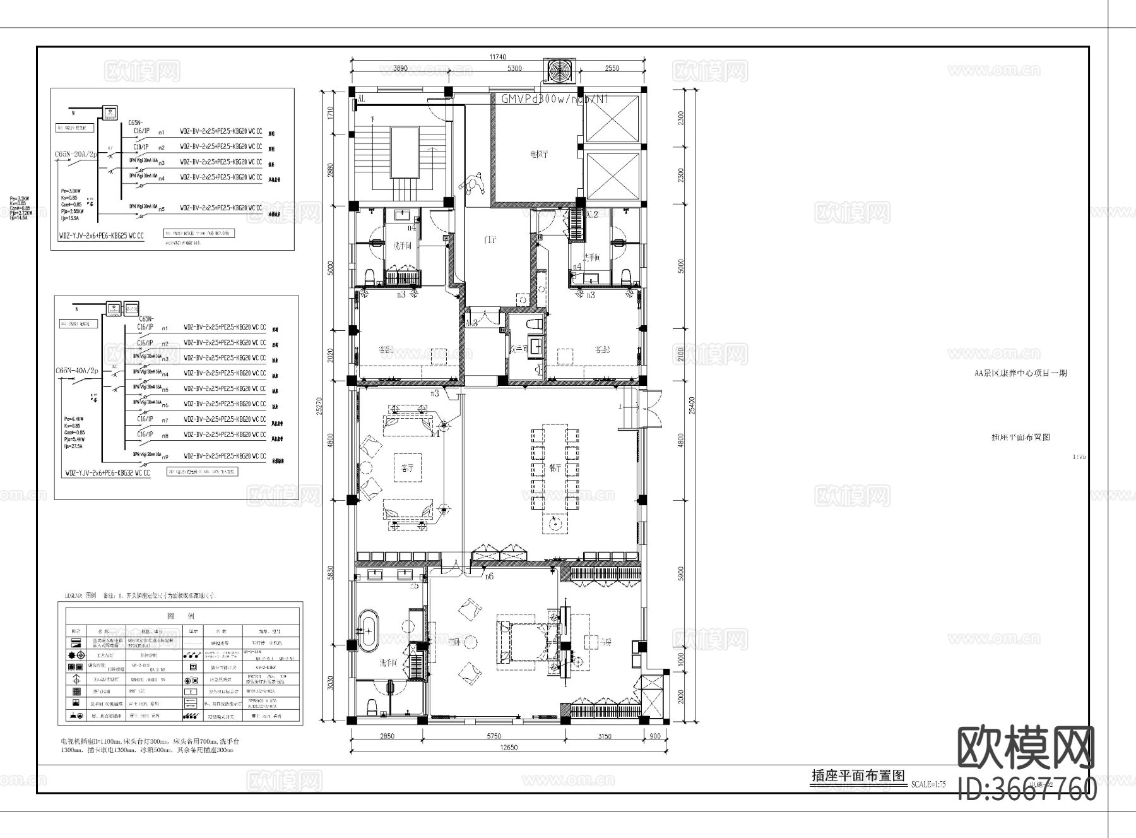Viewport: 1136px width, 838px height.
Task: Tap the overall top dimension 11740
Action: coord(498,57)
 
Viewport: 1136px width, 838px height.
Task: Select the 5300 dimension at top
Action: coord(514,68)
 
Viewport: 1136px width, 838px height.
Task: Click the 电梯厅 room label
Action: coord(538,153)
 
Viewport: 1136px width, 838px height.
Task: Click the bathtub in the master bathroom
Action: coord(367,630)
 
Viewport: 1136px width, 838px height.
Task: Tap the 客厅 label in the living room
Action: coord(407,469)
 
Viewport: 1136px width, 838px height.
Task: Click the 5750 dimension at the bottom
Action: coord(494,736)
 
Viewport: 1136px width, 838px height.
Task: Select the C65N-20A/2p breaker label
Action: coord(76,153)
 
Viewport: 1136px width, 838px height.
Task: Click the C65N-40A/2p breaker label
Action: coord(78,371)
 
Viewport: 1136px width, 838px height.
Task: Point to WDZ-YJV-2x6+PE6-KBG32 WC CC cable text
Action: coord(108,472)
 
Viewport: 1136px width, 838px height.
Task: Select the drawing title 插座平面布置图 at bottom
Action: coord(858,776)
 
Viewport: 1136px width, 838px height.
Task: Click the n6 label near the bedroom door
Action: coord(488,576)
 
